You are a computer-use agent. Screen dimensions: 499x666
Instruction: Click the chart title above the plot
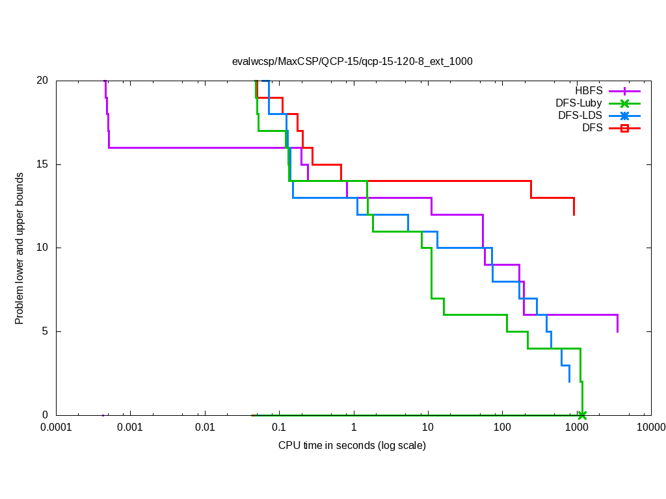coord(352,62)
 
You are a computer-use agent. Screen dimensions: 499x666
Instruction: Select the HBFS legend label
coord(589,91)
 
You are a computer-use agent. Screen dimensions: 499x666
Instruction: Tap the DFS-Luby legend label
coord(579,103)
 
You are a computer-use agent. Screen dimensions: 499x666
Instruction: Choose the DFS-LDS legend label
coord(580,116)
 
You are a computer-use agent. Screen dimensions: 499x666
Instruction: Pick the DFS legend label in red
coord(592,128)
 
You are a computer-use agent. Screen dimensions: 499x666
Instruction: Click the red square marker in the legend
coord(624,129)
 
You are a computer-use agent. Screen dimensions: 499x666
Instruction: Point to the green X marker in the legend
coord(624,104)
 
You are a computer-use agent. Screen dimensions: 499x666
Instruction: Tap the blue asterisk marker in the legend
coord(624,116)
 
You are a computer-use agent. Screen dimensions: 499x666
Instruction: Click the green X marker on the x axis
coord(582,415)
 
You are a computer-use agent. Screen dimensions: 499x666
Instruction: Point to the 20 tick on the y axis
coord(42,81)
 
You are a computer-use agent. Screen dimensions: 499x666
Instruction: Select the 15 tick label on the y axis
coord(42,164)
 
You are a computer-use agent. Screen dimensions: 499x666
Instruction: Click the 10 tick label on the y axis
coord(42,248)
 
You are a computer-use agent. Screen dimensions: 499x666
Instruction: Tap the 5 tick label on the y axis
coord(46,331)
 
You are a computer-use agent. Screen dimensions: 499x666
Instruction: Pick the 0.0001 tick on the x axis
coord(56,428)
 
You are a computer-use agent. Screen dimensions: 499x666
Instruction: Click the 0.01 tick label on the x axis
coord(205,428)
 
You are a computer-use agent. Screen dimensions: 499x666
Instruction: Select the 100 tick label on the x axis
coord(502,428)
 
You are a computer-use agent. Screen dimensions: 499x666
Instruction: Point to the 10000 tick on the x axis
coord(650,428)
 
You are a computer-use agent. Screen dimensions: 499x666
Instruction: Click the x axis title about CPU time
coord(352,446)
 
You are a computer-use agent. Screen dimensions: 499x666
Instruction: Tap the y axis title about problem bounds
coord(20,248)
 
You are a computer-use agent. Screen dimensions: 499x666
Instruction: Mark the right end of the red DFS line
coord(574,214)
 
